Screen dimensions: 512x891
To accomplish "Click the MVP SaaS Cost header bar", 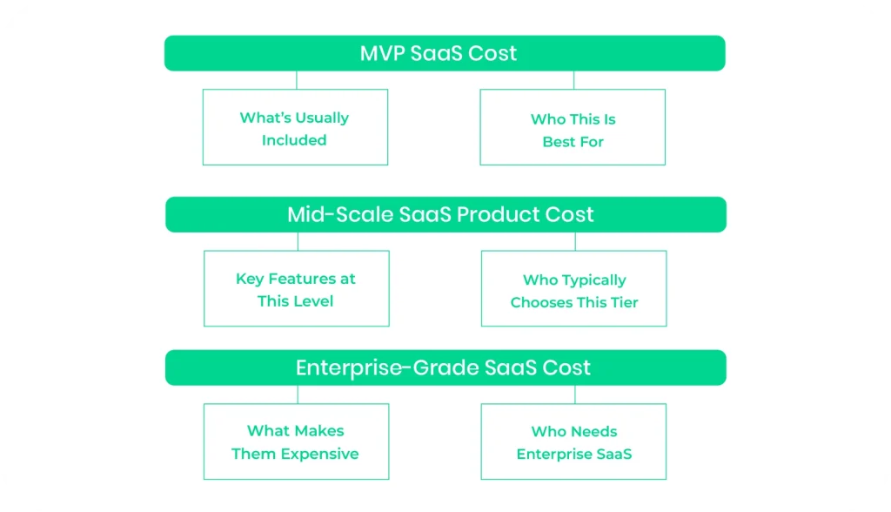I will pyautogui.click(x=445, y=53).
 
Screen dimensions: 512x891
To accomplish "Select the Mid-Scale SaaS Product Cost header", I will pyautogui.click(x=445, y=214).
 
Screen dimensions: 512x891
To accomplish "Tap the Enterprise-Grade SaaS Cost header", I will pyautogui.click(x=445, y=367).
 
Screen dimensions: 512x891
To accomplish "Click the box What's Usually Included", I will pyautogui.click(x=295, y=128).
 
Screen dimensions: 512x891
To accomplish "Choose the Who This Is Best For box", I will pyautogui.click(x=573, y=130).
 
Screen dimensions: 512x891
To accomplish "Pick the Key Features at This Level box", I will pyautogui.click(x=296, y=289).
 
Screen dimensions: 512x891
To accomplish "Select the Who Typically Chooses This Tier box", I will pyautogui.click(x=574, y=291).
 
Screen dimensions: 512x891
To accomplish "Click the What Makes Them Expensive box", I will pyautogui.click(x=296, y=441).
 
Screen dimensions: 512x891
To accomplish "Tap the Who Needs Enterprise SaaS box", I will pyautogui.click(x=574, y=442).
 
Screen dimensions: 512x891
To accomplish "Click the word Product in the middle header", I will pyautogui.click(x=497, y=214).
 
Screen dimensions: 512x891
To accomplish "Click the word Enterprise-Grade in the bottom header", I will pyautogui.click(x=366, y=367).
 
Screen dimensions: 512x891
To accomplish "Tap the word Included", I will pyautogui.click(x=294, y=140).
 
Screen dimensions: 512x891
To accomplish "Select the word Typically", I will pyautogui.click(x=587, y=280).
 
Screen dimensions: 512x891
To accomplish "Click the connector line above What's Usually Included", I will pyautogui.click(x=296, y=80).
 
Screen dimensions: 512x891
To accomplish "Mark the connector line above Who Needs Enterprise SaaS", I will pyautogui.click(x=574, y=394).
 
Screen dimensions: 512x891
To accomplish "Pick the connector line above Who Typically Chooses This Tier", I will pyautogui.click(x=574, y=241).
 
